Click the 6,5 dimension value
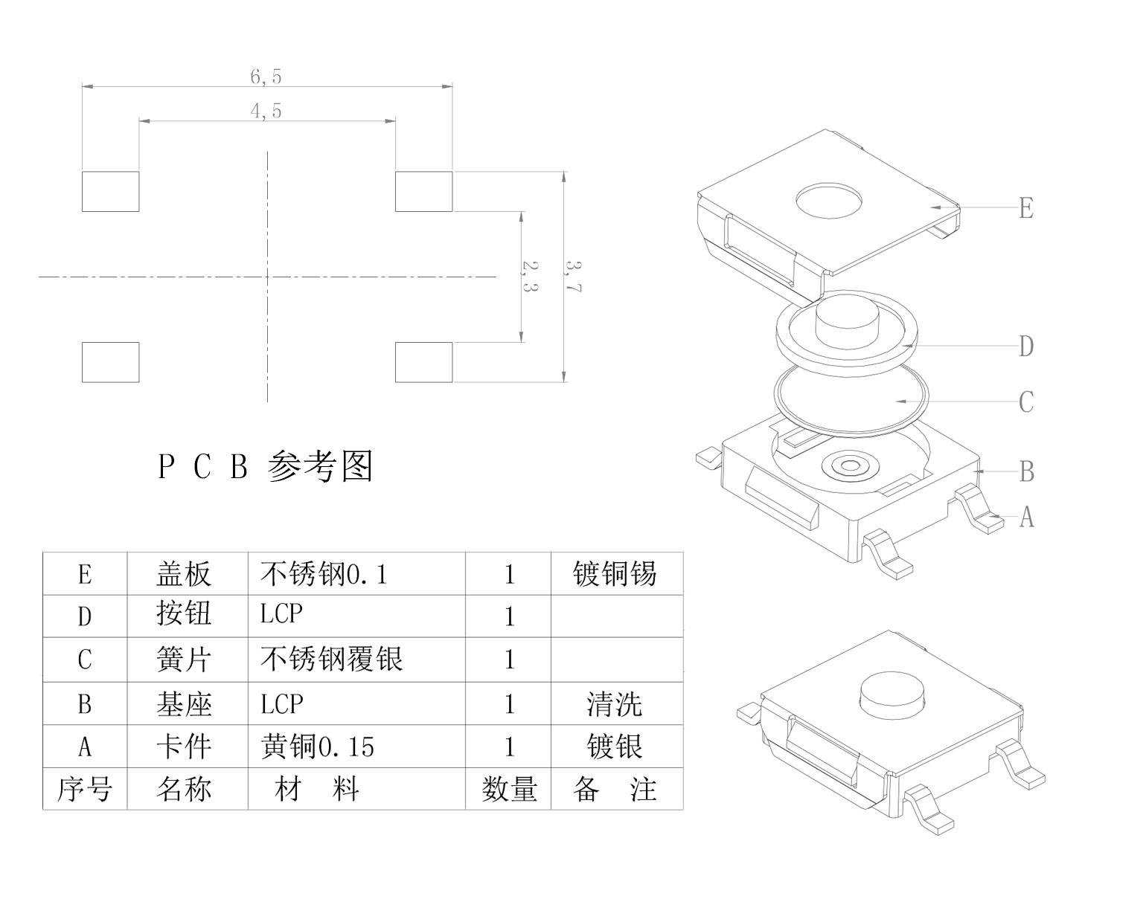(266, 77)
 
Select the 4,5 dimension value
(266, 112)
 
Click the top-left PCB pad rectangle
(110, 191)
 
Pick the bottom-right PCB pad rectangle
(423, 362)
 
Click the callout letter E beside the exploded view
(1026, 208)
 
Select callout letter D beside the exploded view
(1026, 346)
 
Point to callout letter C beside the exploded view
(1026, 402)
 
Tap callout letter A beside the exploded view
(1026, 516)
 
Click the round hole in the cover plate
(829, 200)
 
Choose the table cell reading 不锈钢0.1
(324, 574)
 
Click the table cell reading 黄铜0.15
(318, 747)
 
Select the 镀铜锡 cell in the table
(615, 574)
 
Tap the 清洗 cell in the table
(615, 704)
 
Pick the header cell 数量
(509, 789)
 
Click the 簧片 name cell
(184, 660)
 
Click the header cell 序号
(84, 789)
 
